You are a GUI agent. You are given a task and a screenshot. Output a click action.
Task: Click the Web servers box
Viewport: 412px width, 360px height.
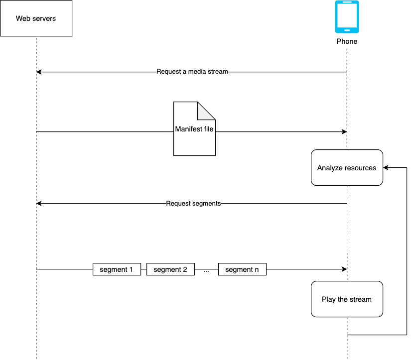[36, 18]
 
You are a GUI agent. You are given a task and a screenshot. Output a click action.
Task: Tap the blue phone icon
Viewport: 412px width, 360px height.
[347, 17]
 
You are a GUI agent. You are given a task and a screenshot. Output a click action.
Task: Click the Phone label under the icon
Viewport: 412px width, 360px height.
[347, 41]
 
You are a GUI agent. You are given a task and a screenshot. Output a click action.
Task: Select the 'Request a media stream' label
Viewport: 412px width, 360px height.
[192, 72]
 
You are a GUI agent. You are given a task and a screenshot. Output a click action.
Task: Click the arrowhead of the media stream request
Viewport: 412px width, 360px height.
[39, 72]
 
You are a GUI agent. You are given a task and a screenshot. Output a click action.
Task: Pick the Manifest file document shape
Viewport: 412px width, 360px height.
[194, 128]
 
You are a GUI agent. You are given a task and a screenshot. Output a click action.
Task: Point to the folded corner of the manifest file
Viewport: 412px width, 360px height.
[206, 110]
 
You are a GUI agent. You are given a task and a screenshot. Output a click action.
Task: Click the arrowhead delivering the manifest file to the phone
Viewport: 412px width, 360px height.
[344, 131]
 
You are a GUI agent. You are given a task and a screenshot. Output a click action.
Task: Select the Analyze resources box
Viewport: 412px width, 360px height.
[347, 168]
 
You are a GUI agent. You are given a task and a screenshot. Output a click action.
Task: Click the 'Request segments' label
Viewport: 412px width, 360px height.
[193, 204]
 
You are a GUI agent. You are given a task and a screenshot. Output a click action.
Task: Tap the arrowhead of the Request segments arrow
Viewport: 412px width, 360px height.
[39, 204]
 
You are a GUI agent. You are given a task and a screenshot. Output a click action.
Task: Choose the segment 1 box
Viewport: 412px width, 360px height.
[117, 269]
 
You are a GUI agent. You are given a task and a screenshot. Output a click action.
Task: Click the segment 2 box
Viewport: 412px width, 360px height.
[170, 269]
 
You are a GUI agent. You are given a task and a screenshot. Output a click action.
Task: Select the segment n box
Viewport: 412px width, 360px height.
[242, 269]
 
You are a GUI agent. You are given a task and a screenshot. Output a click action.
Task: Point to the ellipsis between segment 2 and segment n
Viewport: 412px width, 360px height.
[206, 270]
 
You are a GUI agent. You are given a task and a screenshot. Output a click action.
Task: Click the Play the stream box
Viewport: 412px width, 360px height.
[347, 299]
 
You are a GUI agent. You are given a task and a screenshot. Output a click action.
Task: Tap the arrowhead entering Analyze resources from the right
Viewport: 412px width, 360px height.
[386, 168]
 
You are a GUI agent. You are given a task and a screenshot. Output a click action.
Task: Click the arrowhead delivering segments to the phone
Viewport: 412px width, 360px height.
[344, 269]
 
